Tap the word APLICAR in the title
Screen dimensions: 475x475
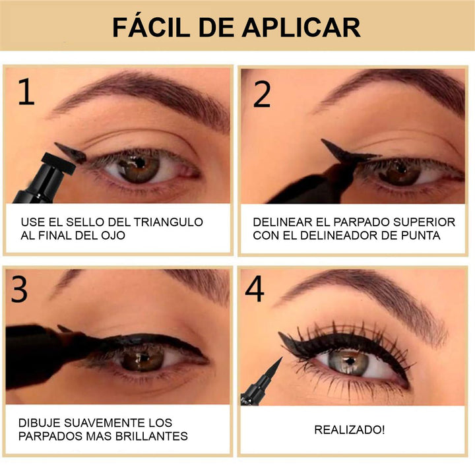[301, 27]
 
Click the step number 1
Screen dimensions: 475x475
[26, 92]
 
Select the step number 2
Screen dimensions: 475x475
[262, 94]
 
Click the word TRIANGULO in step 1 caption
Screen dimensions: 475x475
[168, 222]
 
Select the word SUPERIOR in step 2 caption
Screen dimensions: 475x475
[424, 222]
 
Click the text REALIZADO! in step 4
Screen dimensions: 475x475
[350, 429]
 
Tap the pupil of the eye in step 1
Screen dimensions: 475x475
[140, 163]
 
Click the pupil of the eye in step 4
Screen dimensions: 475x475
[350, 361]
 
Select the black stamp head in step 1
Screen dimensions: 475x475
[58, 164]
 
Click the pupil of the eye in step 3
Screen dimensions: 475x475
[143, 359]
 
